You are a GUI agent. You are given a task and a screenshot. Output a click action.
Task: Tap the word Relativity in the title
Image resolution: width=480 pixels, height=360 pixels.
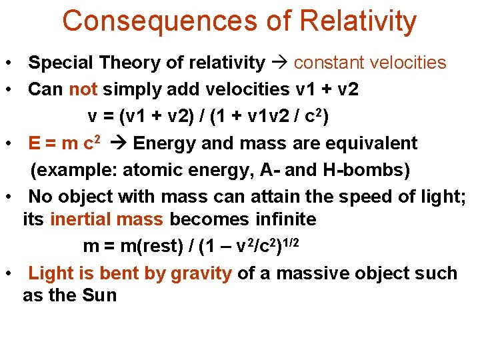(x=358, y=21)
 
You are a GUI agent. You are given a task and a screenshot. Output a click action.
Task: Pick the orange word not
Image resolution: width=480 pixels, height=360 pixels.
(x=83, y=89)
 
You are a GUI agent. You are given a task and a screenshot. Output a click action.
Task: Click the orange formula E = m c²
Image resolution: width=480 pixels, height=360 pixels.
(x=65, y=143)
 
